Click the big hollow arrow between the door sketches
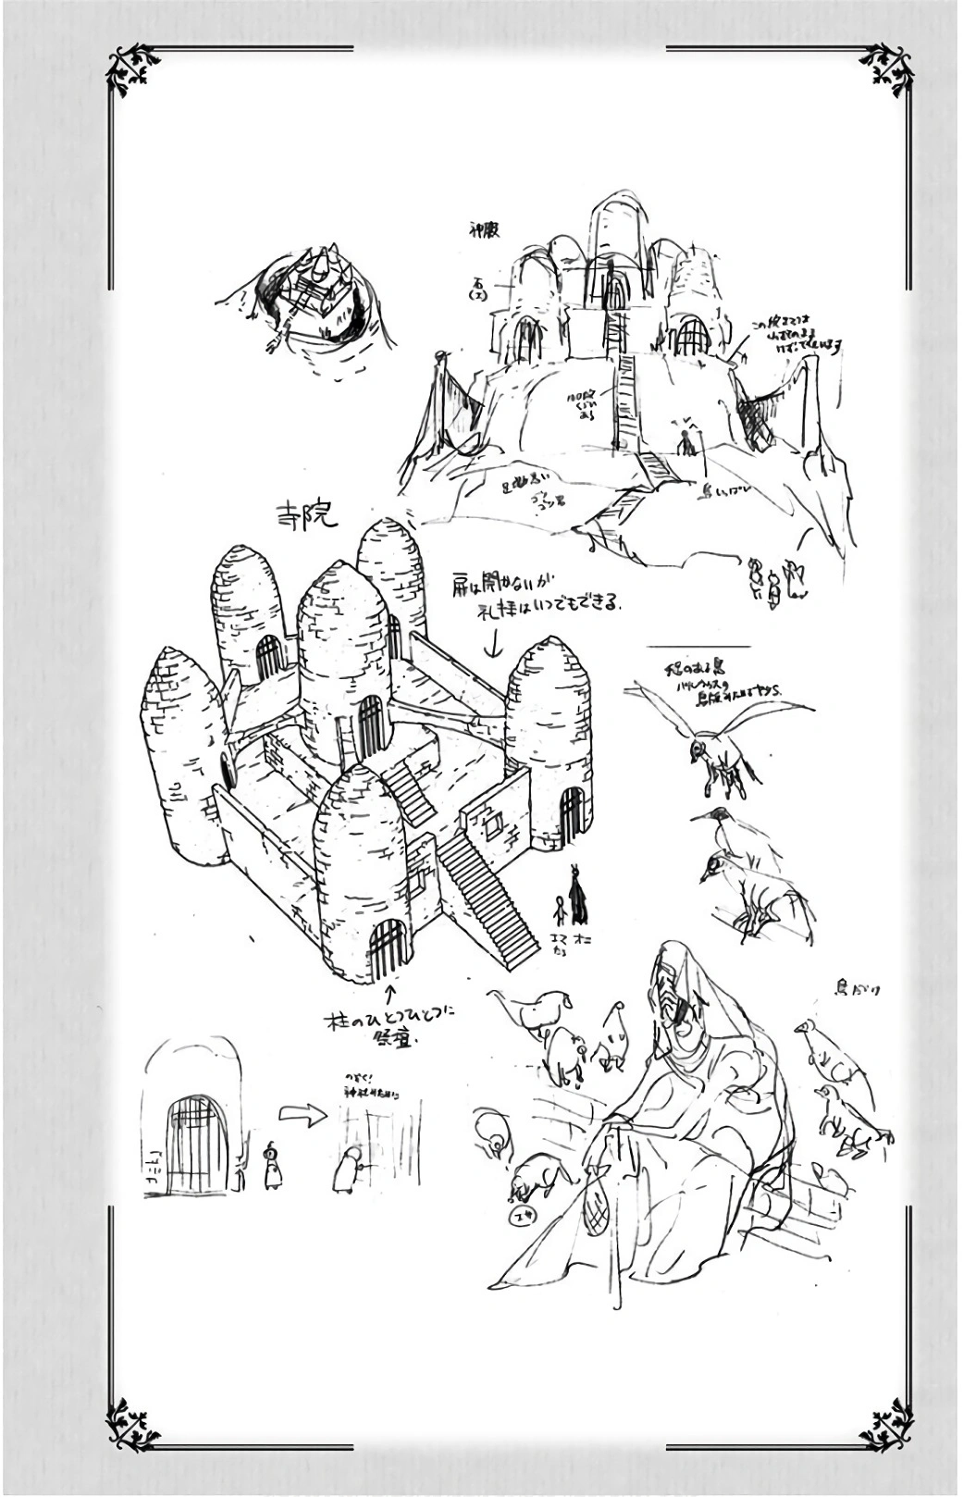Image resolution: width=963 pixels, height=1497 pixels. click(302, 1116)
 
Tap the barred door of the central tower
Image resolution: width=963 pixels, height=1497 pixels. click(370, 724)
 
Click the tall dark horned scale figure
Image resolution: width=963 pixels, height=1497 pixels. click(580, 895)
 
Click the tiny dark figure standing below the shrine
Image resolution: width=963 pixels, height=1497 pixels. click(686, 445)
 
